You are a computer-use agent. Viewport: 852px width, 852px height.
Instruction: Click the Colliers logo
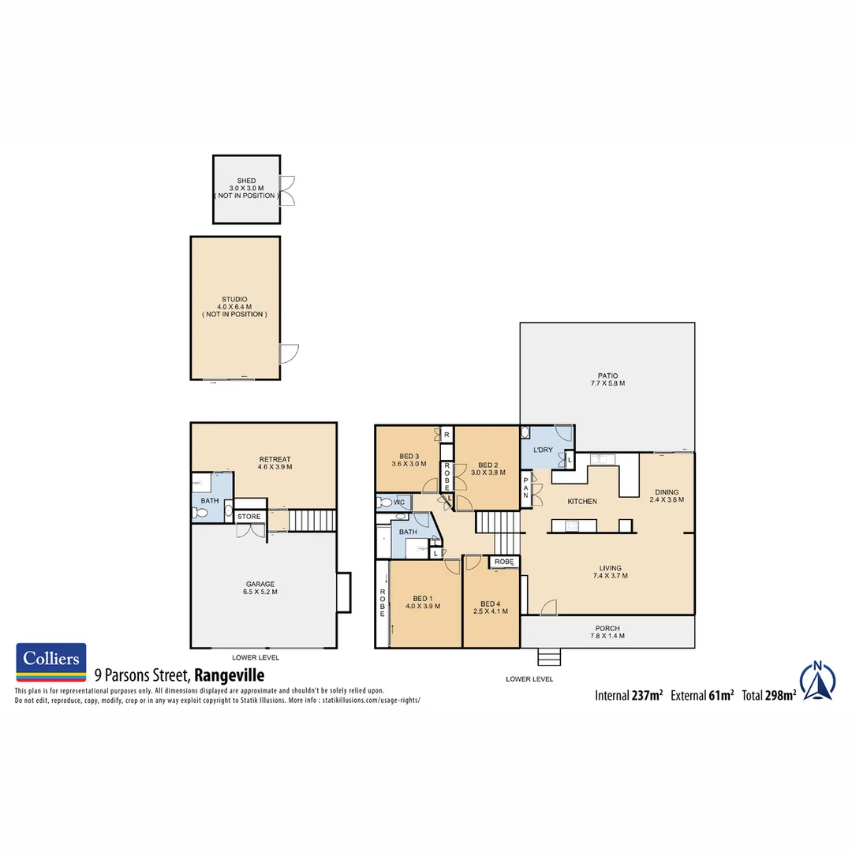[51, 661]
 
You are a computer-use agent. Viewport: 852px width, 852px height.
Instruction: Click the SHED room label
[246, 181]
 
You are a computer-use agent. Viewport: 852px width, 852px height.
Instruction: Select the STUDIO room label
[234, 300]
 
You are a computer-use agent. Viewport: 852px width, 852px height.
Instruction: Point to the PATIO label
[607, 376]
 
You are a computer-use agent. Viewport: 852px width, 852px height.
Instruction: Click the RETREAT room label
[275, 459]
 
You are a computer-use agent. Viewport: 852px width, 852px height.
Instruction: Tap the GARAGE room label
[260, 585]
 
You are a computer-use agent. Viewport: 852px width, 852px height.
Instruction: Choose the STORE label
[249, 517]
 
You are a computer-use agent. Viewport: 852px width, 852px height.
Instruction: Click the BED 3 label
[409, 457]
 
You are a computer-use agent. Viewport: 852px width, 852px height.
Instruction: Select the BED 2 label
[488, 465]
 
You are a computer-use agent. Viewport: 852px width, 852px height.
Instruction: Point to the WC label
[399, 502]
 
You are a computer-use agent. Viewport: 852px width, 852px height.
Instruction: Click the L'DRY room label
[543, 450]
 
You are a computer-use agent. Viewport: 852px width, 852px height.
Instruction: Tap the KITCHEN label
[582, 502]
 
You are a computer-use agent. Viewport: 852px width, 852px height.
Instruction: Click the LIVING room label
[610, 568]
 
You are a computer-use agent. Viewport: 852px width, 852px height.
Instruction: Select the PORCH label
[607, 629]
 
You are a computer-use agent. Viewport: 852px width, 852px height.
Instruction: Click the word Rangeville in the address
[229, 675]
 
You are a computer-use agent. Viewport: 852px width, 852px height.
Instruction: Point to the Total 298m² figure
[768, 696]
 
